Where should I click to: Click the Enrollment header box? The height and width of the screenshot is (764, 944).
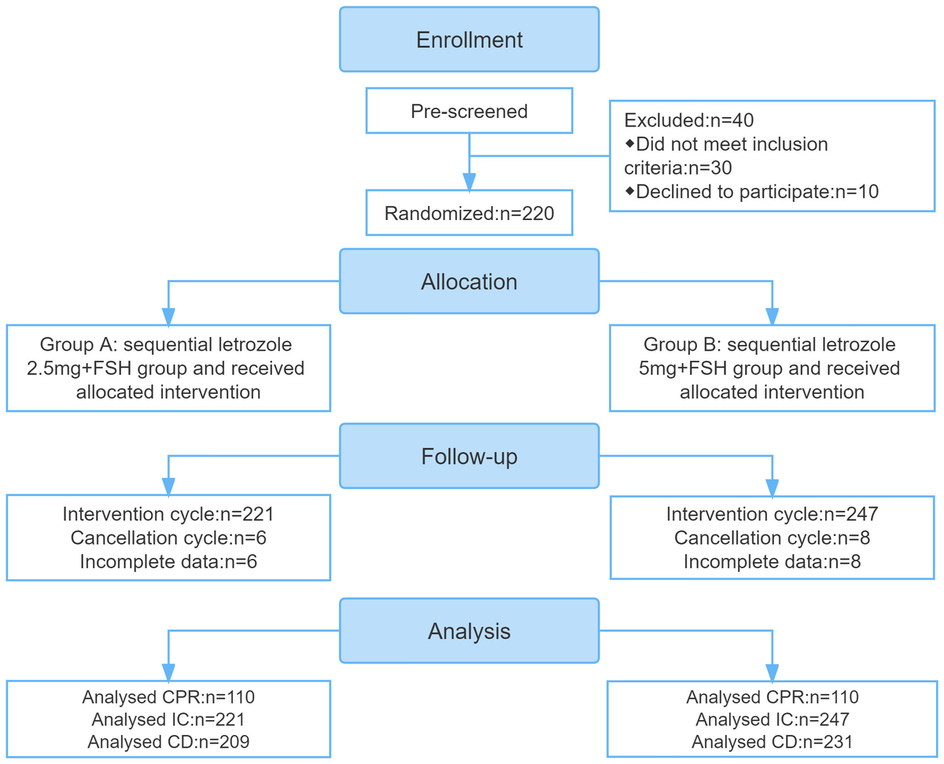[x=469, y=39]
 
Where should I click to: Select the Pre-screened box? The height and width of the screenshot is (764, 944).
[x=469, y=111]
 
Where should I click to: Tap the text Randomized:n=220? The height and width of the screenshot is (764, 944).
[x=469, y=214]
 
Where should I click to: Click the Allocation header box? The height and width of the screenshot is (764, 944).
[x=469, y=281]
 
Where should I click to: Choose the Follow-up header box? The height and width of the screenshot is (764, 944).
[x=469, y=456]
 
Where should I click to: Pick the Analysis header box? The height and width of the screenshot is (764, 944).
[x=469, y=631]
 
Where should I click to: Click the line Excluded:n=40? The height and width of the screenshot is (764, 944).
[x=688, y=120]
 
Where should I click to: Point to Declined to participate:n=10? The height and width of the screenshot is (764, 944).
[x=751, y=192]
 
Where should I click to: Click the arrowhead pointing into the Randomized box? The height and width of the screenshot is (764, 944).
[x=469, y=182]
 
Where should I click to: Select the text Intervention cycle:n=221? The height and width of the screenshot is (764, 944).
[x=168, y=514]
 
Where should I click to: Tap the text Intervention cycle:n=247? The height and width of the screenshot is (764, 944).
[x=772, y=514]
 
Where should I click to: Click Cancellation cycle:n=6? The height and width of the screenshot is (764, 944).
[x=168, y=538]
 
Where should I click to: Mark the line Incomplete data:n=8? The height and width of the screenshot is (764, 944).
[x=772, y=561]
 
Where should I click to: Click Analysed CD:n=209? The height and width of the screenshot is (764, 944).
[x=168, y=742]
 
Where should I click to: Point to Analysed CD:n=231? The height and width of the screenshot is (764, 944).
[x=772, y=742]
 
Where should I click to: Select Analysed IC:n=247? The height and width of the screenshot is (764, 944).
[x=772, y=720]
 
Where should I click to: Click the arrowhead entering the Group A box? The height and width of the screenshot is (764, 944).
[x=168, y=317]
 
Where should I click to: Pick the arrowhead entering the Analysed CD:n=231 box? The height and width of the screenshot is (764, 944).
[x=772, y=673]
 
